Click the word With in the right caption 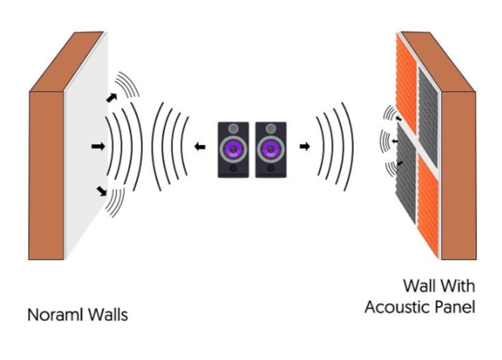(450, 287)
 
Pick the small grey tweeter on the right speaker (269, 128)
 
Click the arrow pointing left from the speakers (200, 147)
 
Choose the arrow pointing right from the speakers (304, 146)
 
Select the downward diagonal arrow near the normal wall (101, 192)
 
